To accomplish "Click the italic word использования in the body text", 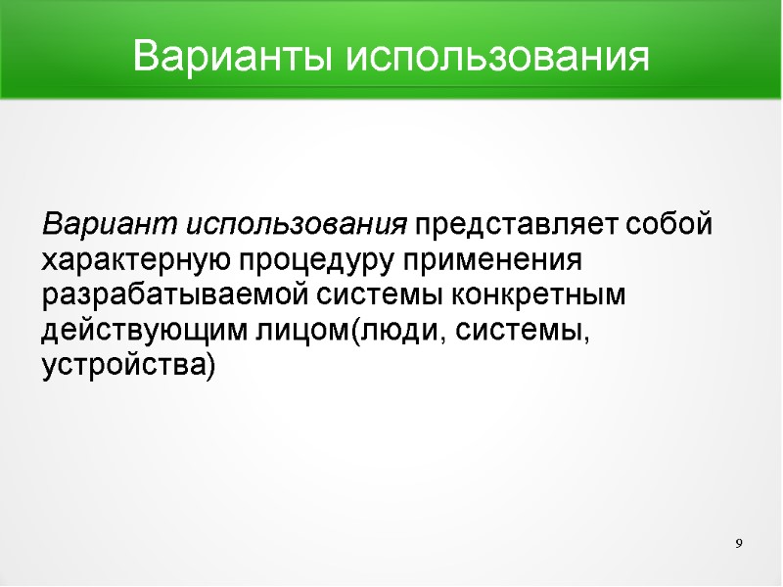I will coord(297,226).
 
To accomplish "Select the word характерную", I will coord(136,261).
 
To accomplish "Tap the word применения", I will coord(500,261).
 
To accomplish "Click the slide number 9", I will coord(739,543).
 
